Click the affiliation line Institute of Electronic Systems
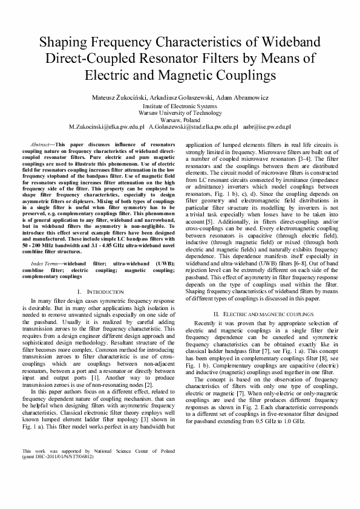coord(180,105)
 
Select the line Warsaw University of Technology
coord(180,112)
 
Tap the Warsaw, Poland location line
coord(180,120)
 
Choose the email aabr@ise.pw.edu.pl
coord(267,128)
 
